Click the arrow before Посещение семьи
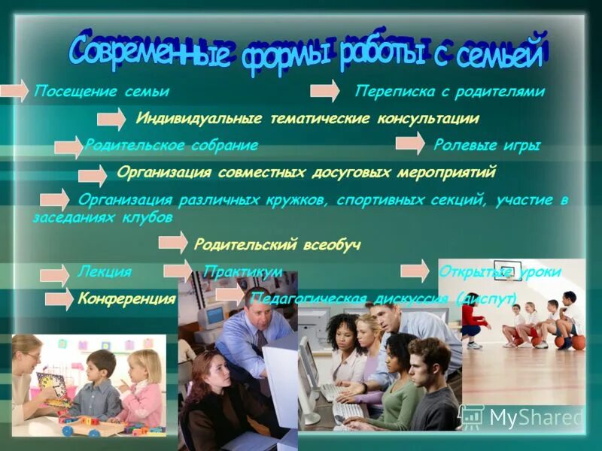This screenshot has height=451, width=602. click(x=14, y=91)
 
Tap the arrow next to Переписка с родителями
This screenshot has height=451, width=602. click(x=324, y=91)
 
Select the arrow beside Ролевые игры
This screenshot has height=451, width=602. click(x=410, y=144)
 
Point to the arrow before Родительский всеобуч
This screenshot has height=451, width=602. click(x=173, y=242)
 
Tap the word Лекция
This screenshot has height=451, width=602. click(x=104, y=272)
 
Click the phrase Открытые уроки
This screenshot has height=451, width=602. click(x=499, y=272)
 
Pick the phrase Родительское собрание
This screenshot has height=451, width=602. click(x=172, y=145)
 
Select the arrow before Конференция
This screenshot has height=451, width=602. click(x=59, y=299)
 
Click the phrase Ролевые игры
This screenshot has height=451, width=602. click(x=486, y=145)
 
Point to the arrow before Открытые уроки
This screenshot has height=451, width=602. click(x=415, y=271)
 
